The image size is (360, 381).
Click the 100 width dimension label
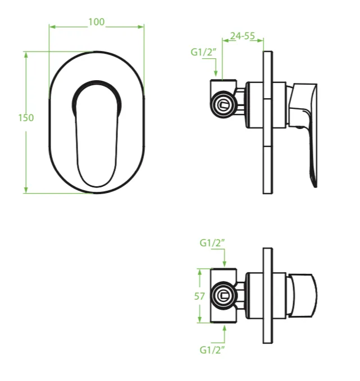tap(97, 22)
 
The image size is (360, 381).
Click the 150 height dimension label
tap(26, 118)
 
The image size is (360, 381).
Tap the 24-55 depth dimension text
tap(243, 36)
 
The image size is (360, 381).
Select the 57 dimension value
tap(199, 296)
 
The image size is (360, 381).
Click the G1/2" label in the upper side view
tap(203, 52)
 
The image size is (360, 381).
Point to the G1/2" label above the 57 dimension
tap(212, 243)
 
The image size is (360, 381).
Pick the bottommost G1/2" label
tap(212, 350)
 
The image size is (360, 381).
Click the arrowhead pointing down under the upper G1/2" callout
tap(216, 73)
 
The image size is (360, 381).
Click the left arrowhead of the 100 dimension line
tap(52, 27)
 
